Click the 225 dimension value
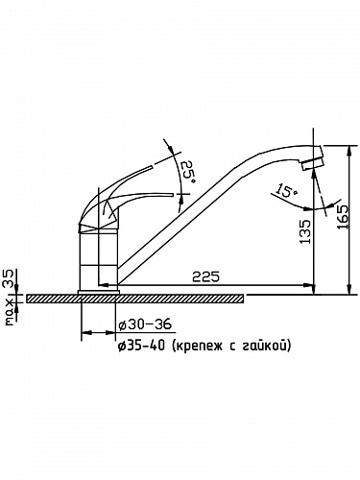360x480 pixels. point(206,276)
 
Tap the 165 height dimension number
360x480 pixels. point(343,217)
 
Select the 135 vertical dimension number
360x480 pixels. point(305,231)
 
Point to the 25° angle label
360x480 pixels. point(188,172)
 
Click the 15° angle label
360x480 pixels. point(288,190)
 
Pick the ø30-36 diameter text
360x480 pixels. point(145,325)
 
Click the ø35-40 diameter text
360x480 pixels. point(141,346)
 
